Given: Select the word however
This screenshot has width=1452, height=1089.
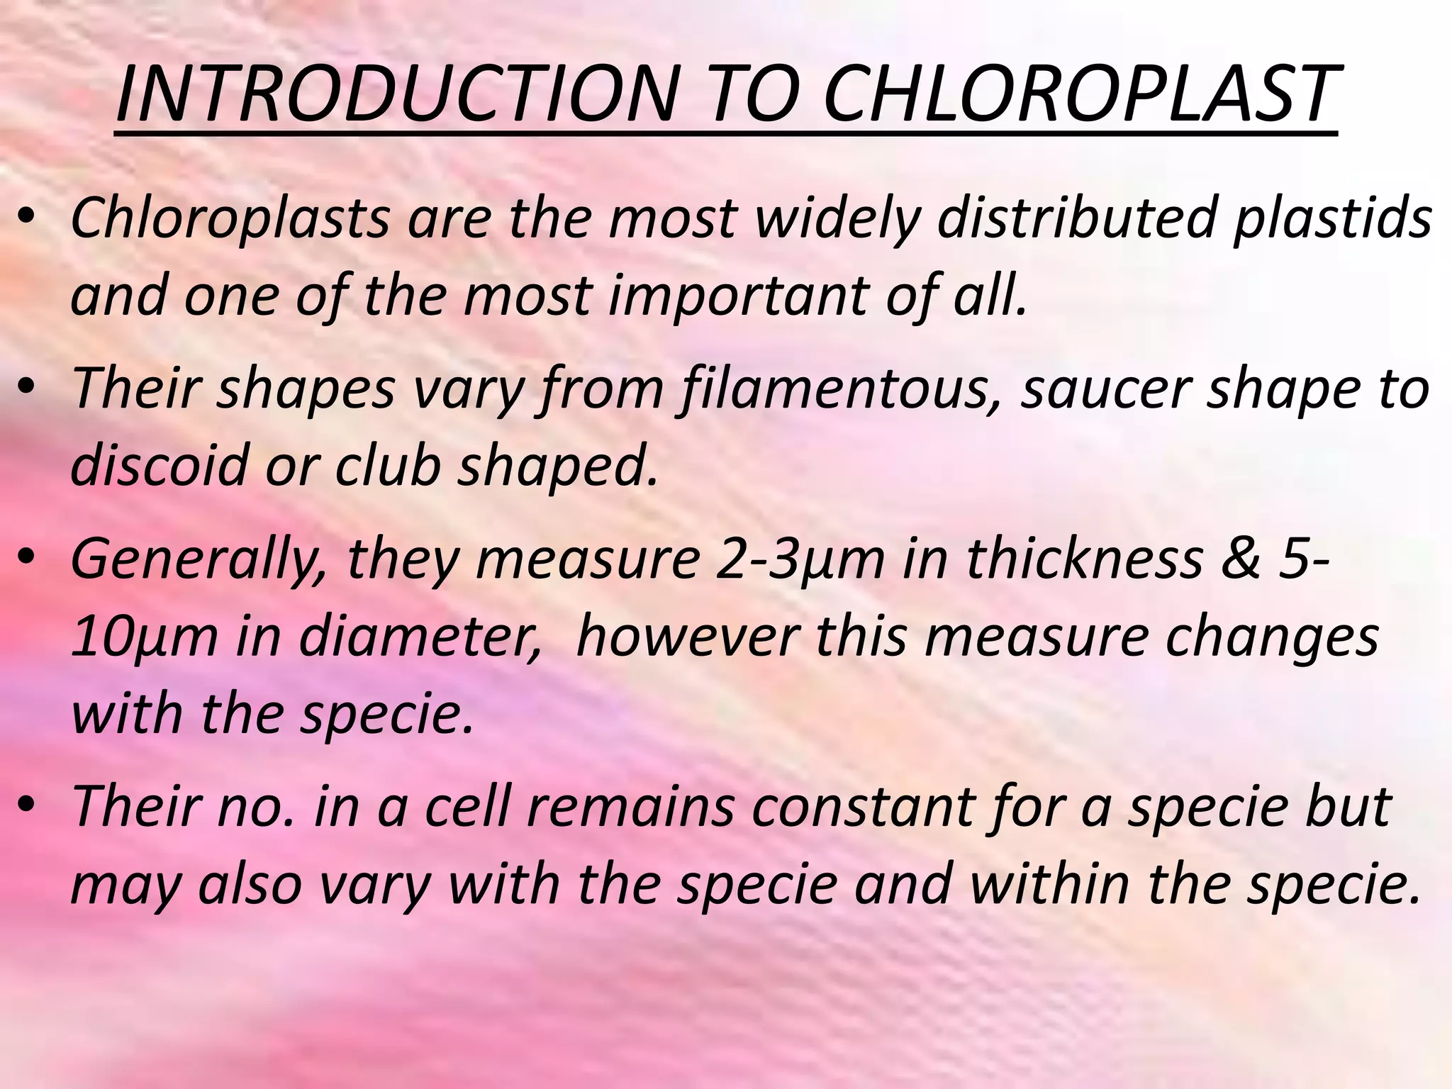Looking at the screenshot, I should click(687, 636).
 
